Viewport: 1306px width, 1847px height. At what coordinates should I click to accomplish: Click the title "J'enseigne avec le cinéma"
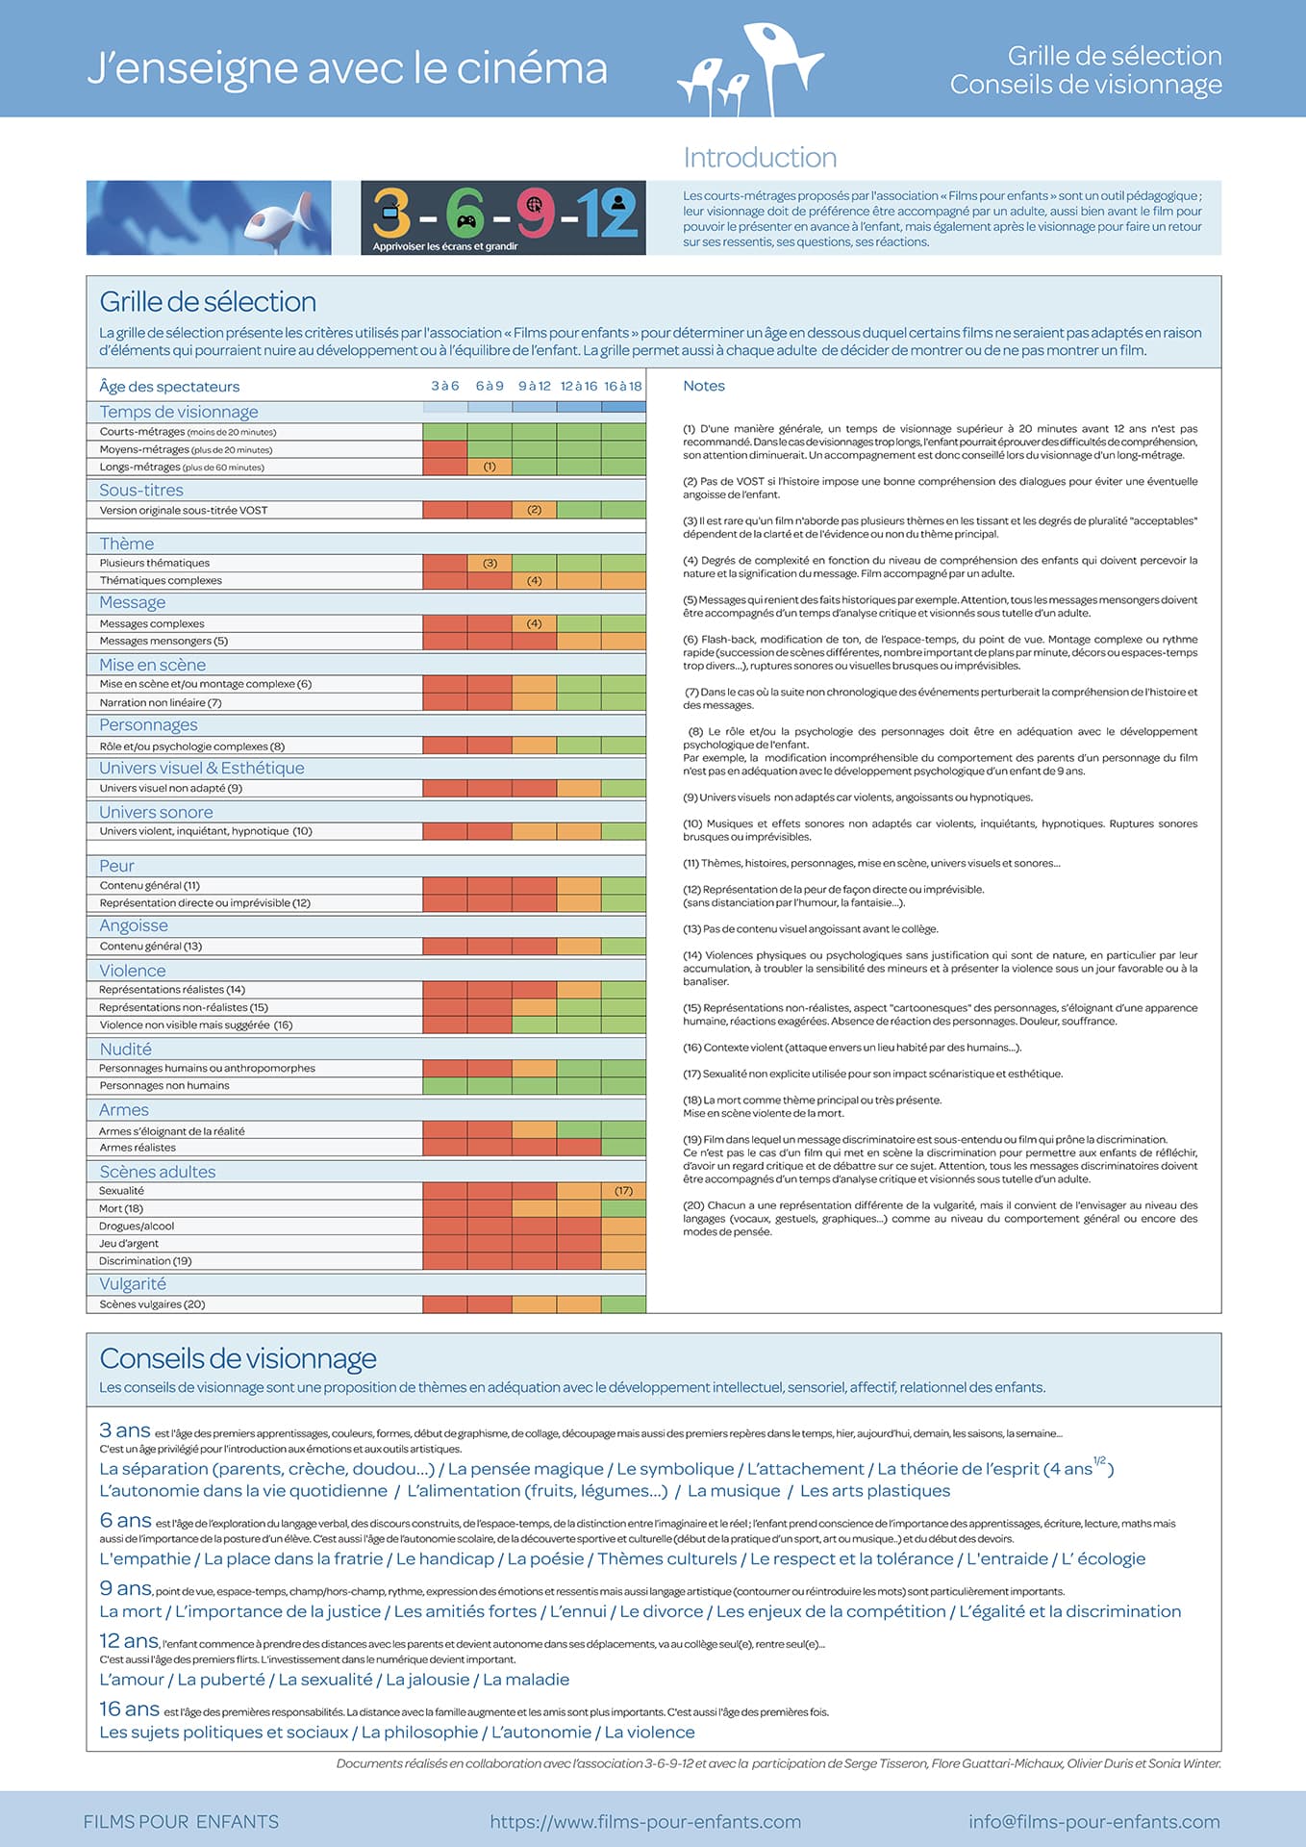point(347,68)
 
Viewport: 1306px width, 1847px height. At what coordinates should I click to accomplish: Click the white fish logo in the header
point(750,69)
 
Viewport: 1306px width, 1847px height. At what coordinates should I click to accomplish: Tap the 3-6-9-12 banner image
point(503,217)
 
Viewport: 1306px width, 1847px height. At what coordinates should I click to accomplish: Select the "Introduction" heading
point(760,157)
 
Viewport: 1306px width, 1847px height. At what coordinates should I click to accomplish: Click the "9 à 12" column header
point(535,386)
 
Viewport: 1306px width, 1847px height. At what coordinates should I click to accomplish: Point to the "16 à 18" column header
point(623,386)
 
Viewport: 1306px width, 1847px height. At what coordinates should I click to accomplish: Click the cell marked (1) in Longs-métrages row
point(490,467)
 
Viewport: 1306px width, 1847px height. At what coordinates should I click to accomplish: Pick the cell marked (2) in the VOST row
point(535,510)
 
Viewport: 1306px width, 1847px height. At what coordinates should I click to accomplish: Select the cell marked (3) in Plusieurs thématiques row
point(490,563)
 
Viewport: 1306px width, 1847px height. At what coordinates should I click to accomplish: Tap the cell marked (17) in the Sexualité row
point(624,1191)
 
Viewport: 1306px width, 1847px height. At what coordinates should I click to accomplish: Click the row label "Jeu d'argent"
point(129,1243)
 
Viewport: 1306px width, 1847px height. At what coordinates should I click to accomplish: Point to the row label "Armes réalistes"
point(138,1148)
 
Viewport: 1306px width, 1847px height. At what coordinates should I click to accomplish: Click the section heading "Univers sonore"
point(156,812)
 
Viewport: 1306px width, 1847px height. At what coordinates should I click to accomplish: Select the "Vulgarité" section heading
point(133,1284)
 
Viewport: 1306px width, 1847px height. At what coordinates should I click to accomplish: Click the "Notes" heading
point(704,386)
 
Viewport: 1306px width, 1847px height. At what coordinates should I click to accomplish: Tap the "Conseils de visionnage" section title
point(238,1358)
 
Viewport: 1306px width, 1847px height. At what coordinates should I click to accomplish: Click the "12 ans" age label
point(129,1640)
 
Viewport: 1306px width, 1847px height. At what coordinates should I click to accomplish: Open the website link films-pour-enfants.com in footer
point(645,1821)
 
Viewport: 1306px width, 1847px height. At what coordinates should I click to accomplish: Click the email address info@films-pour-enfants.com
point(1094,1821)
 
